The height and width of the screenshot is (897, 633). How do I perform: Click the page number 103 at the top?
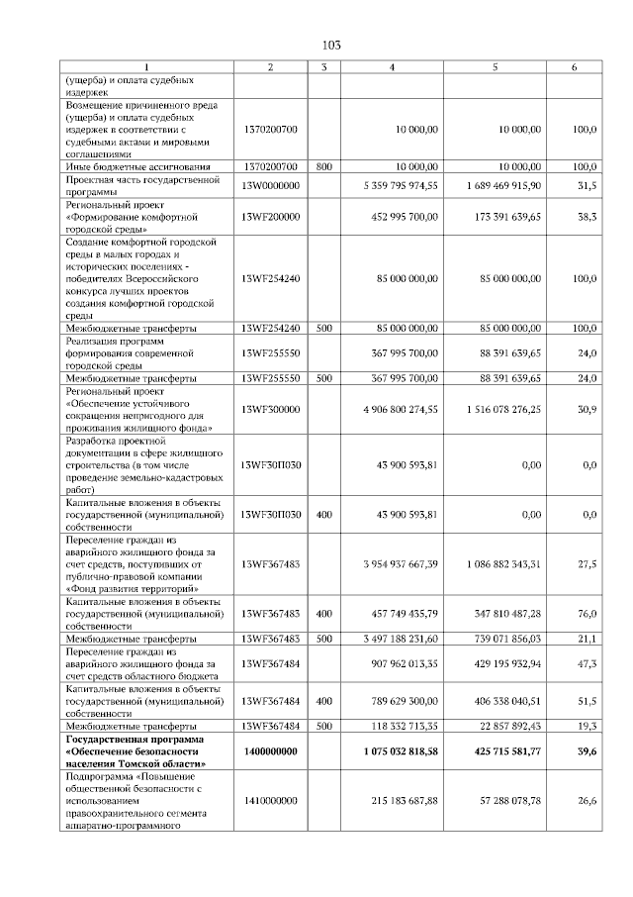[x=331, y=45]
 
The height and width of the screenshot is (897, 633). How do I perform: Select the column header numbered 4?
[x=392, y=67]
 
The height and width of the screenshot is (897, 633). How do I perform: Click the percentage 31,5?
[x=587, y=185]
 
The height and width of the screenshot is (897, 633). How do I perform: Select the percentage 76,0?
[x=587, y=614]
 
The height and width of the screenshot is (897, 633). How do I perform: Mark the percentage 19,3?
[x=587, y=726]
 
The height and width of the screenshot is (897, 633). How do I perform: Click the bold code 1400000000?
[x=270, y=751]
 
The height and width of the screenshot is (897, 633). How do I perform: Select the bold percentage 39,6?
[x=587, y=751]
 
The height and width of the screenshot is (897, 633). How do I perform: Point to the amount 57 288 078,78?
[x=507, y=801]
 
